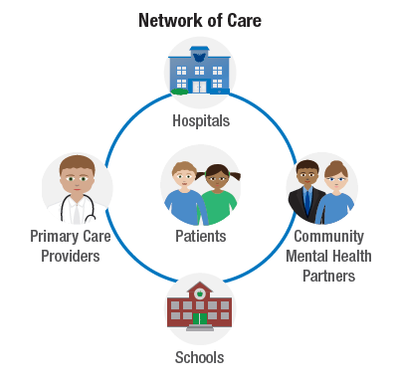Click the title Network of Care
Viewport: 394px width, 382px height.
199,20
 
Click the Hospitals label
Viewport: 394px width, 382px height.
199,120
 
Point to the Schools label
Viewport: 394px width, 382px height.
199,357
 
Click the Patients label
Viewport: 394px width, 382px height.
200,237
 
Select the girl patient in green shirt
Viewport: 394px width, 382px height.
219,192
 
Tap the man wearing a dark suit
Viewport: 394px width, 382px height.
307,191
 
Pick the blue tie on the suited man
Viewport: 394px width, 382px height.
308,203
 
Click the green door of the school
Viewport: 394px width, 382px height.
199,317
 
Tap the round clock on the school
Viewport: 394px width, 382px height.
199,292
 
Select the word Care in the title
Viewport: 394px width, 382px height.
241,20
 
